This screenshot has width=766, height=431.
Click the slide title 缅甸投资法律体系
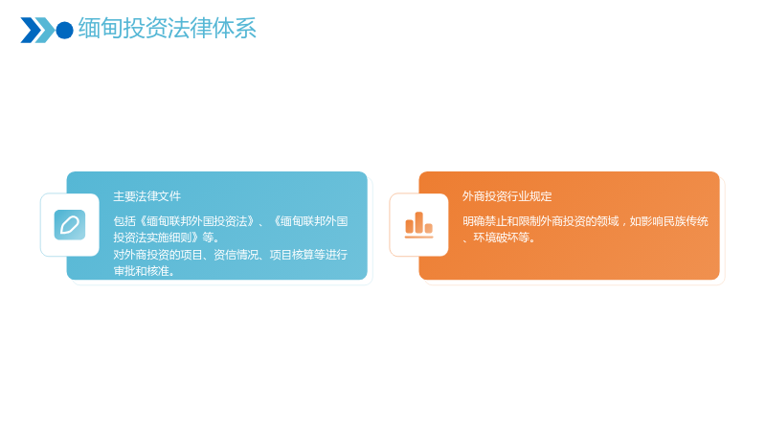tap(167, 29)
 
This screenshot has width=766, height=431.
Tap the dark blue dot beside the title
tap(64, 31)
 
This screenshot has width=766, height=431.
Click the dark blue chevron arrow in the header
tap(30, 31)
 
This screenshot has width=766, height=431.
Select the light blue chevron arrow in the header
tap(46, 31)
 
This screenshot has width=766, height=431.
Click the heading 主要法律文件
tap(147, 196)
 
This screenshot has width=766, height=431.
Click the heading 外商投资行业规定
tap(507, 196)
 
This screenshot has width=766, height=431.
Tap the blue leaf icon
tap(70, 225)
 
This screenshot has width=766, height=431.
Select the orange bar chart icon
tap(418, 225)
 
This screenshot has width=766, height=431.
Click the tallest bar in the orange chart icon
tap(418, 222)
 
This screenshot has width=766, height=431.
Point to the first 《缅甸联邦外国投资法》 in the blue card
tap(196, 221)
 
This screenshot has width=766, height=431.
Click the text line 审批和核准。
tap(145, 271)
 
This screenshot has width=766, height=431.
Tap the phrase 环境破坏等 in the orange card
tap(501, 238)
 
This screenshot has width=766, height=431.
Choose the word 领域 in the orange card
tap(608, 221)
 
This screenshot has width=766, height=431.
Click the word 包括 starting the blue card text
tap(124, 221)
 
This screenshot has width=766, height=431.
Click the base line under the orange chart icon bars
tap(418, 237)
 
